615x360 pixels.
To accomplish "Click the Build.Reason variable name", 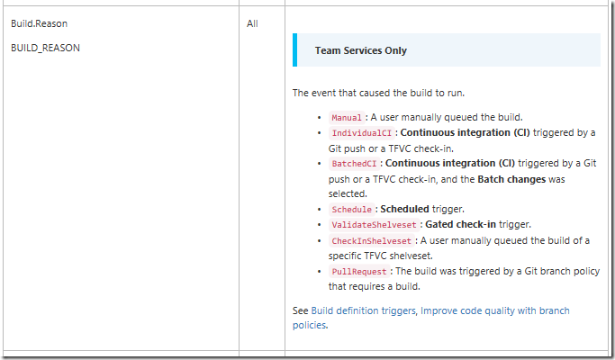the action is point(40,23).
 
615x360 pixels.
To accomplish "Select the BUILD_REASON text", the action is point(46,48).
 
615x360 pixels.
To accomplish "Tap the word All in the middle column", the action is point(252,23).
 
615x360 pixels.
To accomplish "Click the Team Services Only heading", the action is point(361,50).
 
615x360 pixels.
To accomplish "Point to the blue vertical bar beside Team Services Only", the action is point(295,49).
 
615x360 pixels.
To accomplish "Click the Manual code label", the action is point(347,118).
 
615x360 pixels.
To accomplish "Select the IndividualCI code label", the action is point(362,133).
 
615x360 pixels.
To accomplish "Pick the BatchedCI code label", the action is point(354,164).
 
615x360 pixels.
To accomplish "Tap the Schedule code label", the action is point(351,210).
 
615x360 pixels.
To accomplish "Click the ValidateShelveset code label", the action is point(375,225).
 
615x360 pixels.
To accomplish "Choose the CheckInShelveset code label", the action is point(372,240).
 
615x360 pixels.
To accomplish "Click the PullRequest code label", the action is point(359,272).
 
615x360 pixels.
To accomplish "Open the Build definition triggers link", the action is point(363,310).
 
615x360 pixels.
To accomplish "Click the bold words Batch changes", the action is point(511,179).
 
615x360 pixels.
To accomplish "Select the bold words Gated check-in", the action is point(460,224).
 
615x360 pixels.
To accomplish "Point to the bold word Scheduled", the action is point(404,209).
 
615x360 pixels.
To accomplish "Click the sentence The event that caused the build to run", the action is point(378,93).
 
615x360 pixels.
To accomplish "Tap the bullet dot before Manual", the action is point(320,118).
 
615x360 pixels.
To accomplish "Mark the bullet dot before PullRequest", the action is point(320,272).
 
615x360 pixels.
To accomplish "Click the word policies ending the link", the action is point(309,325).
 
